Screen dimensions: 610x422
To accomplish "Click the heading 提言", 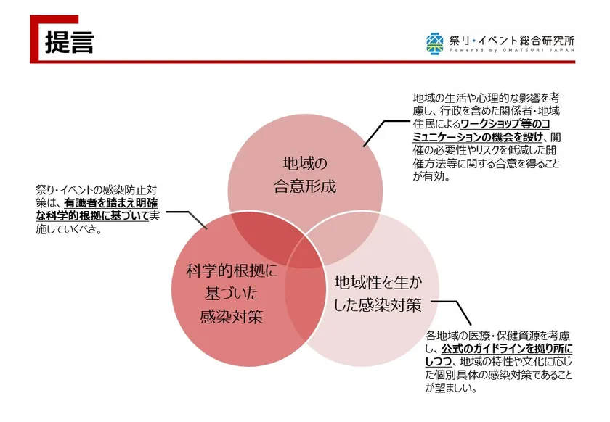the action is (x=70, y=42).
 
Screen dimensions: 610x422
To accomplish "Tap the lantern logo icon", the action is (x=434, y=43).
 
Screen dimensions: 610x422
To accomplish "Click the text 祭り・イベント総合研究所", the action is (x=511, y=40).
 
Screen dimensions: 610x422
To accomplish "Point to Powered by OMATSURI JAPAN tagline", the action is (x=511, y=50).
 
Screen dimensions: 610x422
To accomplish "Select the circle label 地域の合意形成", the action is (x=305, y=175).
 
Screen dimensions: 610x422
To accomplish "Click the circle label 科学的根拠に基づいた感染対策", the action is (x=232, y=294).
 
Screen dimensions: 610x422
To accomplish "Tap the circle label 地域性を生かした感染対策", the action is (x=378, y=294).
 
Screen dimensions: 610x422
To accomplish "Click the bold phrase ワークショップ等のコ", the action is (x=505, y=124).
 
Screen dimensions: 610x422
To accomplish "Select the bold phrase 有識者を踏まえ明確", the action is (x=111, y=203).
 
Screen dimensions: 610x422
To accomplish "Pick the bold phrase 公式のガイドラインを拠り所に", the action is (x=507, y=349).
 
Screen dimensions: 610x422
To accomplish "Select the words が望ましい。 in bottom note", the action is (x=451, y=388).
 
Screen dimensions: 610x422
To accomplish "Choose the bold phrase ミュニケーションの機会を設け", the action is (x=478, y=137).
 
